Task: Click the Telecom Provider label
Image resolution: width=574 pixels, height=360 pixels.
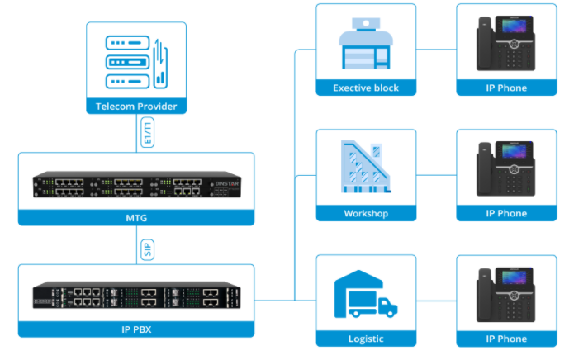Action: [136, 107]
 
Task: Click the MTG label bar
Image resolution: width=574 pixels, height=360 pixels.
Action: [136, 217]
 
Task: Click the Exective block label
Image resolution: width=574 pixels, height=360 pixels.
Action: [366, 88]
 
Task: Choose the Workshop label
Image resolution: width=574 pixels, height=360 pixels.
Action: [366, 213]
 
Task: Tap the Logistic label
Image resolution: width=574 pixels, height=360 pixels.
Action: [366, 339]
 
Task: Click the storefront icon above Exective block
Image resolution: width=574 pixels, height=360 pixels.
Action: [366, 45]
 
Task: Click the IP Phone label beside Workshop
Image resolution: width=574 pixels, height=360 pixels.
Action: [506, 213]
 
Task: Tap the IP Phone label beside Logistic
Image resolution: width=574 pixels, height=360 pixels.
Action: [506, 339]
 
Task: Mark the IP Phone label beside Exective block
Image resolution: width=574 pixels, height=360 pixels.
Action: [506, 88]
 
